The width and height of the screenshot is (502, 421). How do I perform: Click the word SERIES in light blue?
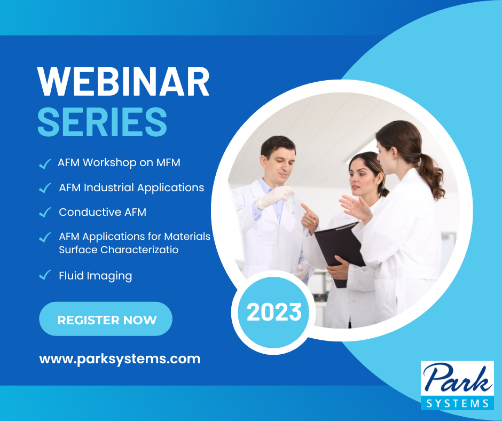103,122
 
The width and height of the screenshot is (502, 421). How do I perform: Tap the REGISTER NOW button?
106,319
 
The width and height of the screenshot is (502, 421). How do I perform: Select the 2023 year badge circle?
274,313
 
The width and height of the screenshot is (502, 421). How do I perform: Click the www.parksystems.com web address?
120,359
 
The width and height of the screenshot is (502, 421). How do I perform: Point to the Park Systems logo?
457,385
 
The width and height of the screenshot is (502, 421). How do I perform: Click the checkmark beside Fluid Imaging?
45,275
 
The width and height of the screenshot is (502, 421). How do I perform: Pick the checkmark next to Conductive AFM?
45,212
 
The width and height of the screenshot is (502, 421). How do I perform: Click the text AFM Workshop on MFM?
119,162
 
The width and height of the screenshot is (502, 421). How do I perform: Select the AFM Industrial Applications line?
131,188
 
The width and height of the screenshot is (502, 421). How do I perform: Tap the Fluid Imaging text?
96,276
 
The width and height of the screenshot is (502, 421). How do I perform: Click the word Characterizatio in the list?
139,250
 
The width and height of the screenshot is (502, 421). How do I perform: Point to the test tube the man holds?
292,203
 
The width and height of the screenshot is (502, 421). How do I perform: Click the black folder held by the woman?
339,250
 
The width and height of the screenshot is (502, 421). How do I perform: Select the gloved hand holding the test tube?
274,196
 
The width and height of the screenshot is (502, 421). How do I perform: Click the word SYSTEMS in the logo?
458,403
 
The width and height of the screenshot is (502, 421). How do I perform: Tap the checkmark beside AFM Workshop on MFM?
45,163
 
